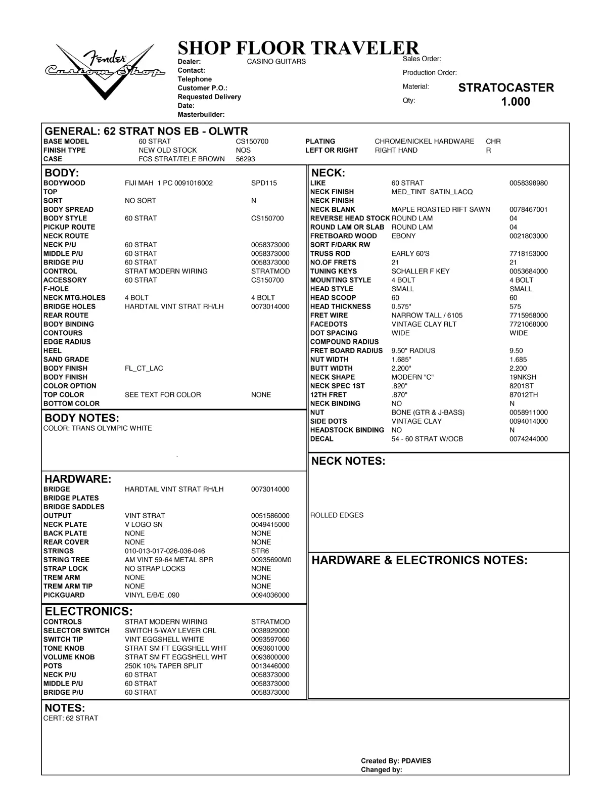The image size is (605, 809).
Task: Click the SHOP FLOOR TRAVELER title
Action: tap(298, 48)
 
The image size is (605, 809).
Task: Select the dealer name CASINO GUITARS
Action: tap(276, 62)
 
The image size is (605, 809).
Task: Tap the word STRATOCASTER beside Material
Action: tap(505, 87)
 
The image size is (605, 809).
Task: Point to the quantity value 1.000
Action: tap(515, 102)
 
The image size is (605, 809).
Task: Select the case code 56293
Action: tap(245, 159)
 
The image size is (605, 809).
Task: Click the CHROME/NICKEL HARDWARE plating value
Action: tap(424, 142)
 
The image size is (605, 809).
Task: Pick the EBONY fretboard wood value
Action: tap(403, 236)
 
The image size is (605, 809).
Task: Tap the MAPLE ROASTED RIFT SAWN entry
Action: tap(440, 209)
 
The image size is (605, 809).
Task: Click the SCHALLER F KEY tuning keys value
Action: tap(420, 272)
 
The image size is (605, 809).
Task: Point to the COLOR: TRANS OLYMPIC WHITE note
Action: tap(98, 428)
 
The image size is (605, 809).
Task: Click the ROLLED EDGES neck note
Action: tap(337, 515)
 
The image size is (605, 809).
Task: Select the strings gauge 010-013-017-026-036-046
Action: tap(165, 551)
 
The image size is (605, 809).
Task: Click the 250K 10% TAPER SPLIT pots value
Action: tap(163, 666)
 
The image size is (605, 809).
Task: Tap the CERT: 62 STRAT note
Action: tap(71, 718)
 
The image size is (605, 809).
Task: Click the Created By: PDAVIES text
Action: tap(396, 760)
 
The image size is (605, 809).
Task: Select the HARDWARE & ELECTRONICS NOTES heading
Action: tap(419, 560)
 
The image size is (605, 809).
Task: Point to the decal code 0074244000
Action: tap(528, 439)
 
